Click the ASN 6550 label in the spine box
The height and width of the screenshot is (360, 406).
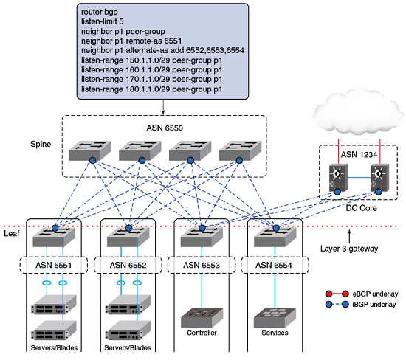coord(165,128)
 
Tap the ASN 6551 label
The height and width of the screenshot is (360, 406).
coord(54,265)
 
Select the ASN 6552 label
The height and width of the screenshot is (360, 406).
coord(128,265)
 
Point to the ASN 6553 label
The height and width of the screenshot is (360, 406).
coord(202,265)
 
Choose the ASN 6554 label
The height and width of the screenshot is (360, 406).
coord(274,265)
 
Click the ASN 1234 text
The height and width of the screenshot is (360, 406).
coord(359,154)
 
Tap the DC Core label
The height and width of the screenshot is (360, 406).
coord(361,208)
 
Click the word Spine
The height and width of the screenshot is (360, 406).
coord(41,144)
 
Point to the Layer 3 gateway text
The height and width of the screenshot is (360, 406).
coord(349,249)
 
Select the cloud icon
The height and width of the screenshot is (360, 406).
coord(358,114)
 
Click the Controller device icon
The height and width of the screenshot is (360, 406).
coord(202,317)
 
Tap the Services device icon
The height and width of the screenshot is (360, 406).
coord(275,318)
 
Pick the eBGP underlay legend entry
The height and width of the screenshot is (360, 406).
coord(362,294)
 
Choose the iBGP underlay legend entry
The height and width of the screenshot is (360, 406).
coord(361,305)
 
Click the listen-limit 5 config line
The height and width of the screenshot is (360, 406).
coord(103,21)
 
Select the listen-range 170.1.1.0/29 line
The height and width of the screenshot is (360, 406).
coord(152,80)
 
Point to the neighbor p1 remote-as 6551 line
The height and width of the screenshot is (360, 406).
coord(131,41)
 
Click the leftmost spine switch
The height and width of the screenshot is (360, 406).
coord(90,151)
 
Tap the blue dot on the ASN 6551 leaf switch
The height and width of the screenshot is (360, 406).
coord(55,228)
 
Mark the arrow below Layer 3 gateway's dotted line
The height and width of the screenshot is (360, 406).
coord(349,237)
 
